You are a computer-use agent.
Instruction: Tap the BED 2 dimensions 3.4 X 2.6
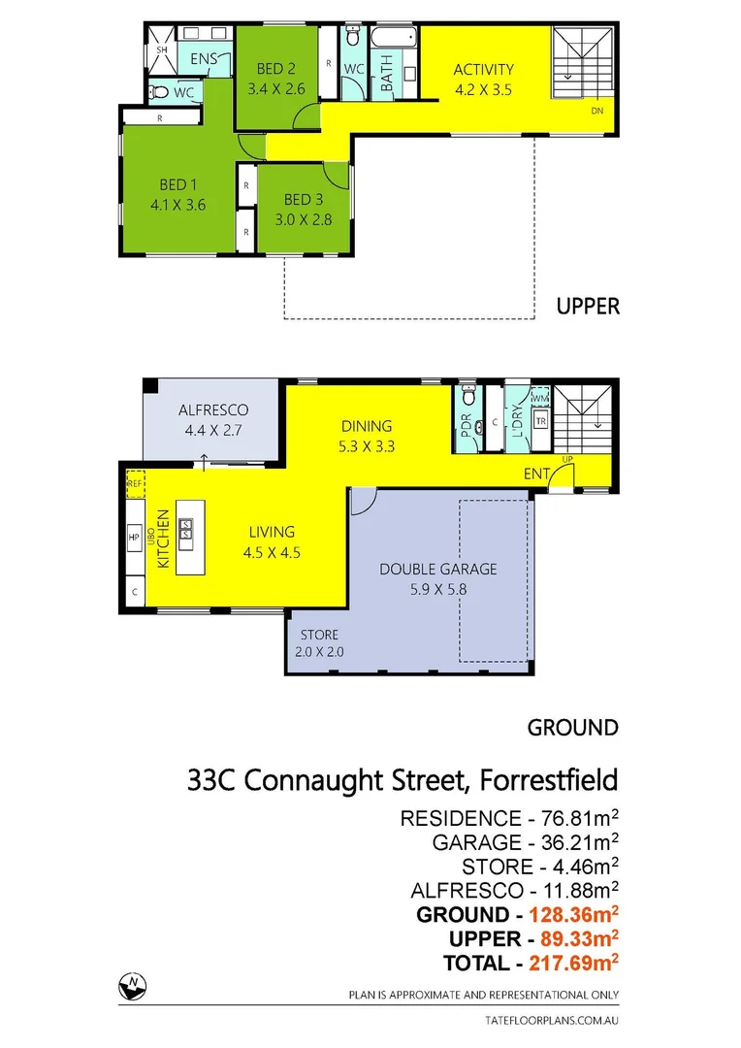[x=275, y=87]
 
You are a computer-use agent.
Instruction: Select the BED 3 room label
[x=303, y=200]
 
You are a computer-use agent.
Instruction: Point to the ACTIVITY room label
[x=483, y=70]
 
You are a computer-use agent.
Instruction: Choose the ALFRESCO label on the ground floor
[x=202, y=409]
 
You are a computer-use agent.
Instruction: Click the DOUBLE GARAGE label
[x=437, y=569]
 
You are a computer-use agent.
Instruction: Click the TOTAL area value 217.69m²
[x=573, y=963]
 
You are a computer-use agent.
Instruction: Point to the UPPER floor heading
[x=588, y=307]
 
